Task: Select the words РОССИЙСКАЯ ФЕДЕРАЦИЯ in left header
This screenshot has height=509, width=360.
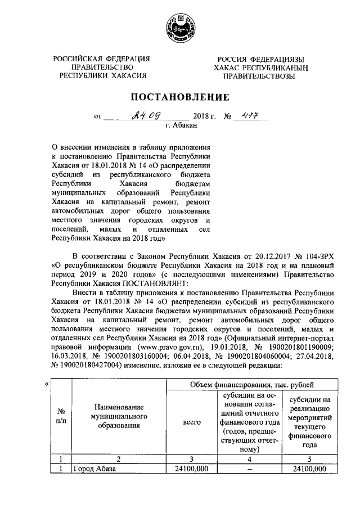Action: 102,59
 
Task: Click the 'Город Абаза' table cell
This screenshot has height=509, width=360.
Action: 93,469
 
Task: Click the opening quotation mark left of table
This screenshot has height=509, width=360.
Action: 46,385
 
